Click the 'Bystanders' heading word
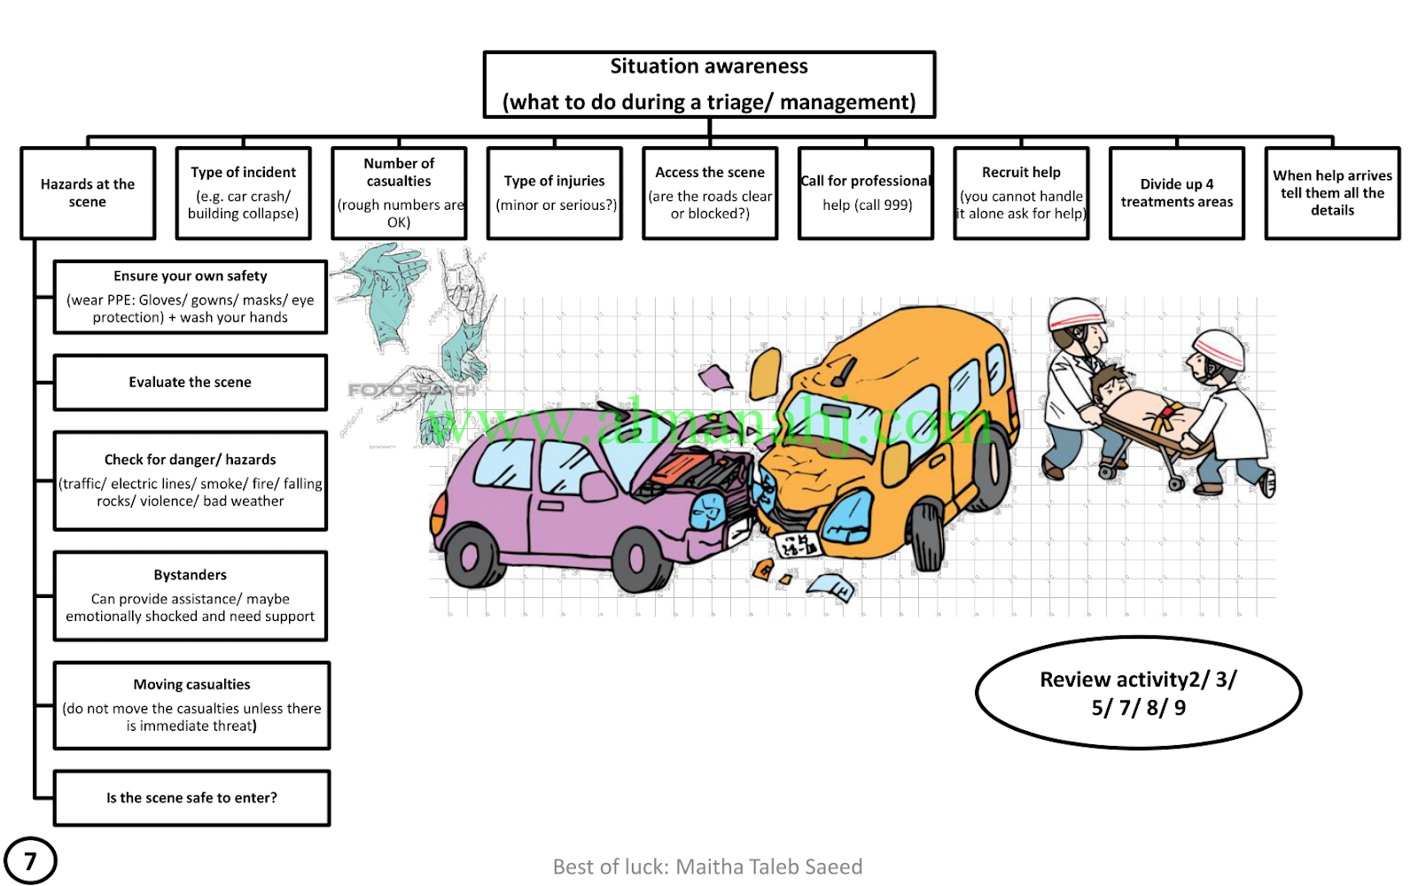pos(190,575)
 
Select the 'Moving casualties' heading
pos(191,684)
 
